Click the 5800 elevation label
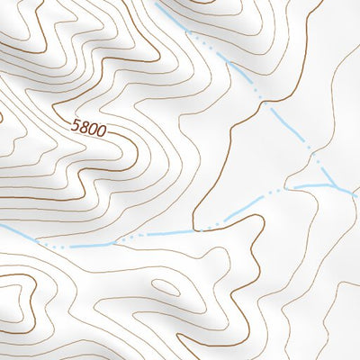[x=89, y=130]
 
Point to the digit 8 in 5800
[x=85, y=129]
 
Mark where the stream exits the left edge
[x=2, y=226]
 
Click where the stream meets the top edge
[x=157, y=3]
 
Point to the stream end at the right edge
[x=357, y=192]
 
